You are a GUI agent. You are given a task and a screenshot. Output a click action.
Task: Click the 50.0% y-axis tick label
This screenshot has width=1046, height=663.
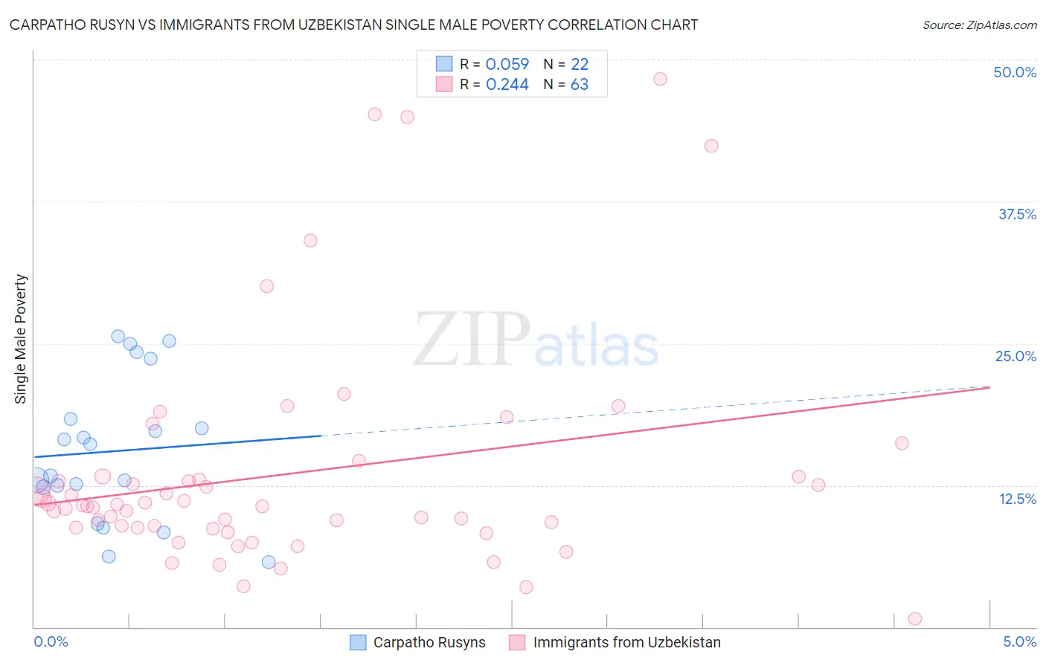pyautogui.click(x=1015, y=72)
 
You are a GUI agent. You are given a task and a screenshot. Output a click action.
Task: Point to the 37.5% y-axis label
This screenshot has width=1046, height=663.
pyautogui.click(x=1017, y=214)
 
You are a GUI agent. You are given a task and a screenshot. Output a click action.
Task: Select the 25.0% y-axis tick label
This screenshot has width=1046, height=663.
pyautogui.click(x=1015, y=356)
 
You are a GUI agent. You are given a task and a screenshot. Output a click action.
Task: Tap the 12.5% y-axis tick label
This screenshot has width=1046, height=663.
pyautogui.click(x=1017, y=499)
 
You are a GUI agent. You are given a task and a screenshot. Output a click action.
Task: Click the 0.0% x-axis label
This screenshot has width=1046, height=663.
pyautogui.click(x=51, y=641)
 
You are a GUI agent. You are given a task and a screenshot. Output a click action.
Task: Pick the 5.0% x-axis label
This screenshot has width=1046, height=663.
pyautogui.click(x=1019, y=641)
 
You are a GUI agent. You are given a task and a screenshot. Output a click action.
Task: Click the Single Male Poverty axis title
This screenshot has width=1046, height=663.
pyautogui.click(x=21, y=339)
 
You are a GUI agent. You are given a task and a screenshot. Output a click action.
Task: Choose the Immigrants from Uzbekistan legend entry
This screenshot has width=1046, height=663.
pyautogui.click(x=615, y=642)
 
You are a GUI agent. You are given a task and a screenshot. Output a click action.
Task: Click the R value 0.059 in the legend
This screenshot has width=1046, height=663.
pyautogui.click(x=507, y=65)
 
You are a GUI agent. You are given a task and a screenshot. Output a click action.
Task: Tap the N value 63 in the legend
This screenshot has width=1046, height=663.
pyautogui.click(x=579, y=85)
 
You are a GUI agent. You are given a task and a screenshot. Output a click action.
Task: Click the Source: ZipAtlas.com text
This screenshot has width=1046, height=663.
pyautogui.click(x=979, y=25)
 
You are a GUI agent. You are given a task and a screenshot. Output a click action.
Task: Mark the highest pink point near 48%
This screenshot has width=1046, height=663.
pyautogui.click(x=660, y=79)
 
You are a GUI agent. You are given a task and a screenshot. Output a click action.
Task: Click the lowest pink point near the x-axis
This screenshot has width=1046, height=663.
pyautogui.click(x=915, y=619)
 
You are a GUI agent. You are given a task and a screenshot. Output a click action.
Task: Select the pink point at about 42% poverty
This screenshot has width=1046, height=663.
pyautogui.click(x=711, y=146)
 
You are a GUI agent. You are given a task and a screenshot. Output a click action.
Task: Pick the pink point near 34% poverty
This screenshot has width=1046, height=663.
pyautogui.click(x=310, y=241)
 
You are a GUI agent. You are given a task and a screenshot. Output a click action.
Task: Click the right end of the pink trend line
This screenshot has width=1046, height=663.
pyautogui.click(x=989, y=387)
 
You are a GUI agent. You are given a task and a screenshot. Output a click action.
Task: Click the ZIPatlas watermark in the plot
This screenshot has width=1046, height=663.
pyautogui.click(x=536, y=340)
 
